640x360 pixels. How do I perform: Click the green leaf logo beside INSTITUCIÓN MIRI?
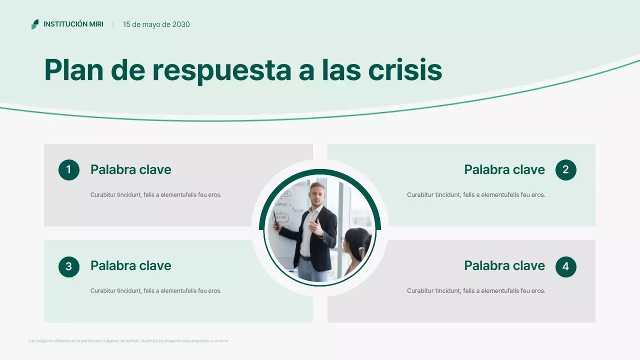[35, 24]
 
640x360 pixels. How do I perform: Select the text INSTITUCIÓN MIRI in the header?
[73, 24]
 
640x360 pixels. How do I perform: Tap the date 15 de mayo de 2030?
[156, 24]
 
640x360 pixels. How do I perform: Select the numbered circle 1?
[69, 170]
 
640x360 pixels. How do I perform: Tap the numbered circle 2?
[565, 170]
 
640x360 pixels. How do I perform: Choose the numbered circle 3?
[69, 266]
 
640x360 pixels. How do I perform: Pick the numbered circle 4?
[565, 266]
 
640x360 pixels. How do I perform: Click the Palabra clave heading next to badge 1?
[130, 170]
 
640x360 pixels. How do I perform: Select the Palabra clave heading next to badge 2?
[504, 170]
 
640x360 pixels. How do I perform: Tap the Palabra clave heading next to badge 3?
[130, 266]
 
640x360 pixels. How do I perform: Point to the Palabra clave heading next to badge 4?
[504, 266]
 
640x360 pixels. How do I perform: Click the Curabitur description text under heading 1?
[155, 195]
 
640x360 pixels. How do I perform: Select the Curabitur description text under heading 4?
[475, 291]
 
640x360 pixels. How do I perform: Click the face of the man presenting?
[316, 193]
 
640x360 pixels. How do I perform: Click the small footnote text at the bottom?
[128, 341]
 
